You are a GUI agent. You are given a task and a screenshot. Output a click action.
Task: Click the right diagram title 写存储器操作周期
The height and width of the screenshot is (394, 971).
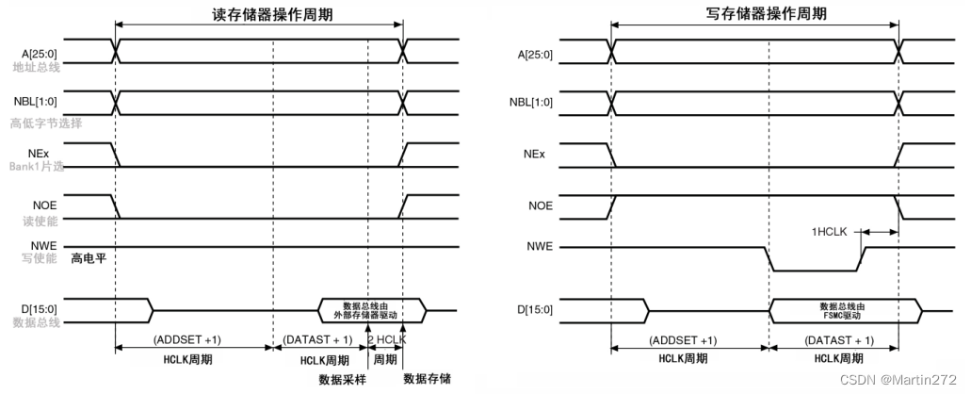point(753,14)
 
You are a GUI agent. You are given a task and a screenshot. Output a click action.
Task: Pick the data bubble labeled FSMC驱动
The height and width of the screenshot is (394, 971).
point(845,309)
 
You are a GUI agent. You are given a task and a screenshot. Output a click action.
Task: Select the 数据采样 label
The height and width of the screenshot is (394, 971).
point(342,379)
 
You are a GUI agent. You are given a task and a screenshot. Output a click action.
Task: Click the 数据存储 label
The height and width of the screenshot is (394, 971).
point(426,379)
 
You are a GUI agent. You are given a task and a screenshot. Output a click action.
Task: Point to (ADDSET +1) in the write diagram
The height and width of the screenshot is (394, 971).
point(684,340)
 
